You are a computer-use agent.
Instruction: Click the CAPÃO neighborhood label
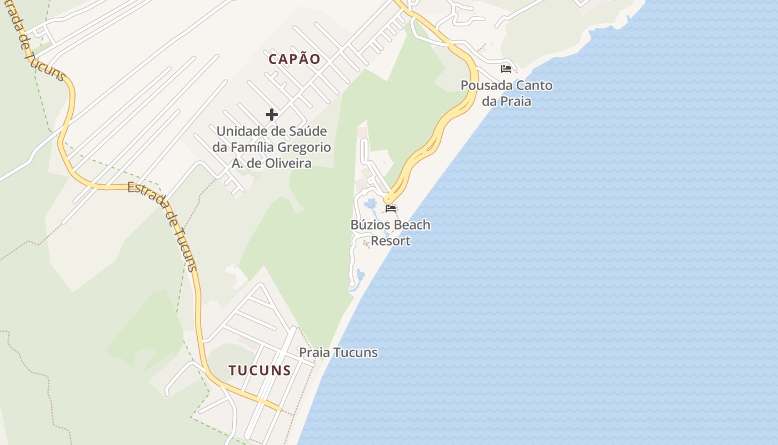[295, 59]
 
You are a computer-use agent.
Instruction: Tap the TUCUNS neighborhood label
[260, 370]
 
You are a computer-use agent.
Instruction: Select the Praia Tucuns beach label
[338, 353]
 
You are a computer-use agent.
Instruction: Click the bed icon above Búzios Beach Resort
[391, 209]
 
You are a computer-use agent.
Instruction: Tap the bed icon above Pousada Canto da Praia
[506, 69]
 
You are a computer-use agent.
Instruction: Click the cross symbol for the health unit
[272, 115]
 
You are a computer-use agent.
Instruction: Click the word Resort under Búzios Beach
[391, 241]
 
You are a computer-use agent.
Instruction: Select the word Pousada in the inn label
[485, 86]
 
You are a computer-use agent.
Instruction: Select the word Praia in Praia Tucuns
[315, 353]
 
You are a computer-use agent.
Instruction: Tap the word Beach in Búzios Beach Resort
[411, 225]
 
